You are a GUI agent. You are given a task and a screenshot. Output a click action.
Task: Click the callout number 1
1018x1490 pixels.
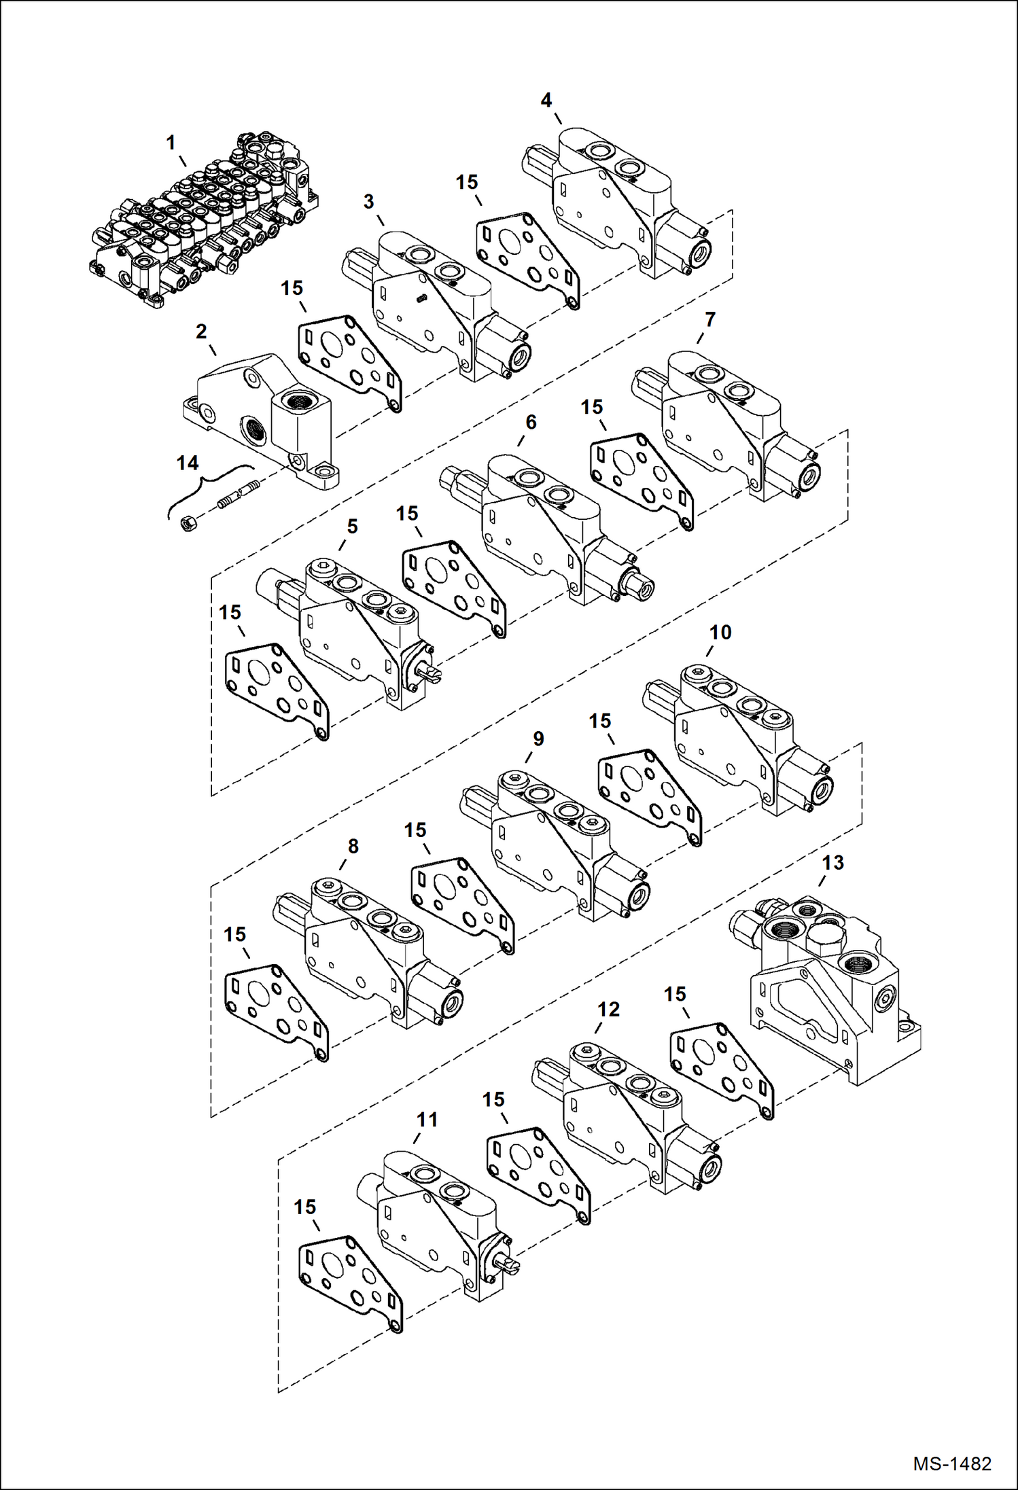(171, 143)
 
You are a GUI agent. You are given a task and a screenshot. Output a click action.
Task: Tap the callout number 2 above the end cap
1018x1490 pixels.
(201, 332)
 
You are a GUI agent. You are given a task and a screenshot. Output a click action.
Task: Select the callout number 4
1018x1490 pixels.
(546, 101)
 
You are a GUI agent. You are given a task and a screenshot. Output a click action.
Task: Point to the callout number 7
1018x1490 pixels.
(710, 319)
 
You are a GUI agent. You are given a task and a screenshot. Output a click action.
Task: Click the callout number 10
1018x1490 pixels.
(720, 633)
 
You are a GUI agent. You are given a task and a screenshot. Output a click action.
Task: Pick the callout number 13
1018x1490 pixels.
(833, 863)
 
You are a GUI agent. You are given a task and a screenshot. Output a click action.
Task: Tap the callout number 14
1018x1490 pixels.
(188, 463)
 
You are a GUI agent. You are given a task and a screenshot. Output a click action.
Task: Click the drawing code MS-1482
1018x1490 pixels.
(952, 1464)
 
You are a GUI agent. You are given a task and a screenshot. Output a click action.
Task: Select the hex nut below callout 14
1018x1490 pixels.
(189, 523)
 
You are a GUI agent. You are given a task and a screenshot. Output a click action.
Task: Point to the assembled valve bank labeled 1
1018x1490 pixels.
(204, 221)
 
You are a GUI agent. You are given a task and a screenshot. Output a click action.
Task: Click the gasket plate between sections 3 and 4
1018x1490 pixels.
(527, 258)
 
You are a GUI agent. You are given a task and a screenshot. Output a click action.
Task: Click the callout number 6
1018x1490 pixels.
(531, 422)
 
